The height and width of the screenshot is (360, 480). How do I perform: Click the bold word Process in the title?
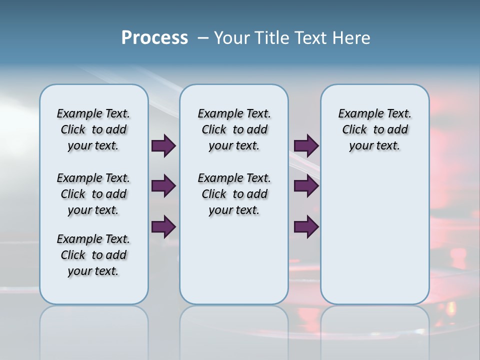pyautogui.click(x=154, y=38)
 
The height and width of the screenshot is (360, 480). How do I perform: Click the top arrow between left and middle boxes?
pyautogui.click(x=163, y=145)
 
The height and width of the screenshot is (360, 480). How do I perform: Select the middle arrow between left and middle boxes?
pyautogui.click(x=163, y=186)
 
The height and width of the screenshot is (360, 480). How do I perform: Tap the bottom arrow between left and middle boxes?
pyautogui.click(x=163, y=227)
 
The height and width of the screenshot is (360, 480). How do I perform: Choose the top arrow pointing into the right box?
pyautogui.click(x=306, y=145)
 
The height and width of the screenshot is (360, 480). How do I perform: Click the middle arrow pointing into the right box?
pyautogui.click(x=306, y=186)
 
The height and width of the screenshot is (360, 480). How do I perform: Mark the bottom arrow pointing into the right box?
pyautogui.click(x=306, y=227)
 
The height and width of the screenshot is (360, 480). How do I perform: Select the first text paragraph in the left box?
pyautogui.click(x=93, y=129)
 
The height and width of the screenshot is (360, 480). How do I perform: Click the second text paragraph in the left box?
pyautogui.click(x=93, y=194)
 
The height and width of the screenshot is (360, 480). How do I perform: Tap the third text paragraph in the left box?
pyautogui.click(x=93, y=255)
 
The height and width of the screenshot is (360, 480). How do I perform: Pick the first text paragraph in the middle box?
pyautogui.click(x=234, y=129)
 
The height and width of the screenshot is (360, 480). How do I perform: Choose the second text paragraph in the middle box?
pyautogui.click(x=234, y=194)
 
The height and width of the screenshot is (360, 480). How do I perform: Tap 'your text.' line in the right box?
pyautogui.click(x=374, y=146)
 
